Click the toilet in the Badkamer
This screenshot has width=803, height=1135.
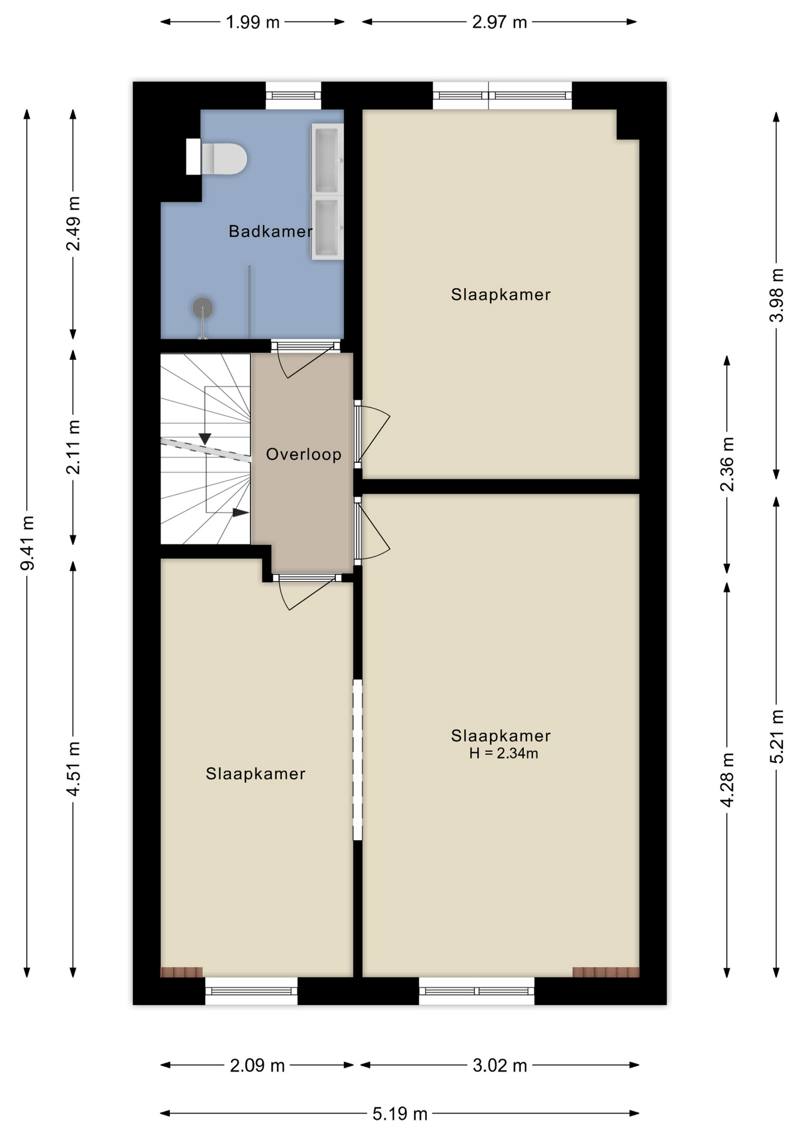tap(217, 158)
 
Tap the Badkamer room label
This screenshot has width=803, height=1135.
tap(271, 231)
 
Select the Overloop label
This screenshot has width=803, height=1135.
tap(304, 454)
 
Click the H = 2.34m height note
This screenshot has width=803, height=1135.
tap(504, 753)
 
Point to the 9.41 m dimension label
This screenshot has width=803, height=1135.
tap(27, 543)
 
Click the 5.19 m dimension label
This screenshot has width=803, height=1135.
tap(400, 1114)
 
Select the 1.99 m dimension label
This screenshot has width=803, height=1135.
tap(252, 22)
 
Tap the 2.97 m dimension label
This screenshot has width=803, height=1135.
tap(499, 22)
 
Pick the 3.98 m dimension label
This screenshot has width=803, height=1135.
tap(777, 295)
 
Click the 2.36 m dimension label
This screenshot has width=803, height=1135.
tap(727, 464)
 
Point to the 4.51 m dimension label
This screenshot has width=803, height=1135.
tap(73, 768)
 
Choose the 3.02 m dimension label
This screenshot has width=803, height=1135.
tap(500, 1065)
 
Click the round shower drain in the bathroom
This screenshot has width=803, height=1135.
tap(203, 307)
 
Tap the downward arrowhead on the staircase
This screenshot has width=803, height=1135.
tap(205, 439)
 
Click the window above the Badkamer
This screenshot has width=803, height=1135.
tap(293, 95)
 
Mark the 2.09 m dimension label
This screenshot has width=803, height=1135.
tap(257, 1065)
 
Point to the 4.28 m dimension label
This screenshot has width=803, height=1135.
tap(727, 780)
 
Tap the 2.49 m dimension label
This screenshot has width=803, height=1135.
tap(73, 223)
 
